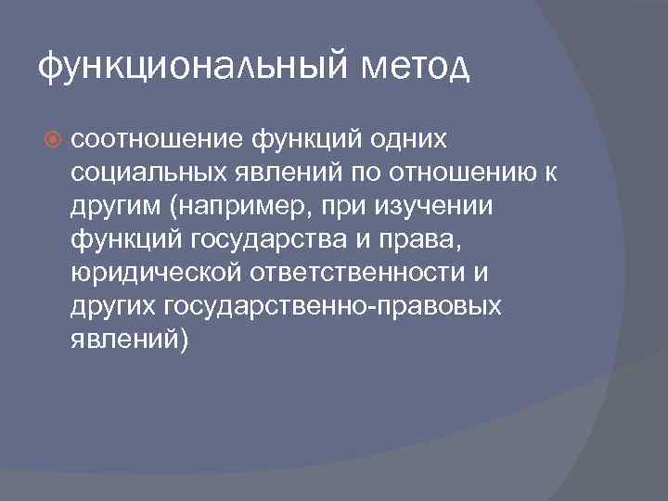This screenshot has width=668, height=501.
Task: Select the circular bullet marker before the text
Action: click(x=52, y=139)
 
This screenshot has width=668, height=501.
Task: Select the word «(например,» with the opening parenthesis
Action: click(x=221, y=206)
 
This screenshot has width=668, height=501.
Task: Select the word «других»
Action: click(x=110, y=307)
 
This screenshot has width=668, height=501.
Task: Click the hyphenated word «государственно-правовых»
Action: click(x=332, y=307)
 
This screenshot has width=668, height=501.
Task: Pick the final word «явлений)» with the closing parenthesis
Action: click(x=129, y=340)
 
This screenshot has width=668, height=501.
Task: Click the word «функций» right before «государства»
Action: click(x=126, y=240)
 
